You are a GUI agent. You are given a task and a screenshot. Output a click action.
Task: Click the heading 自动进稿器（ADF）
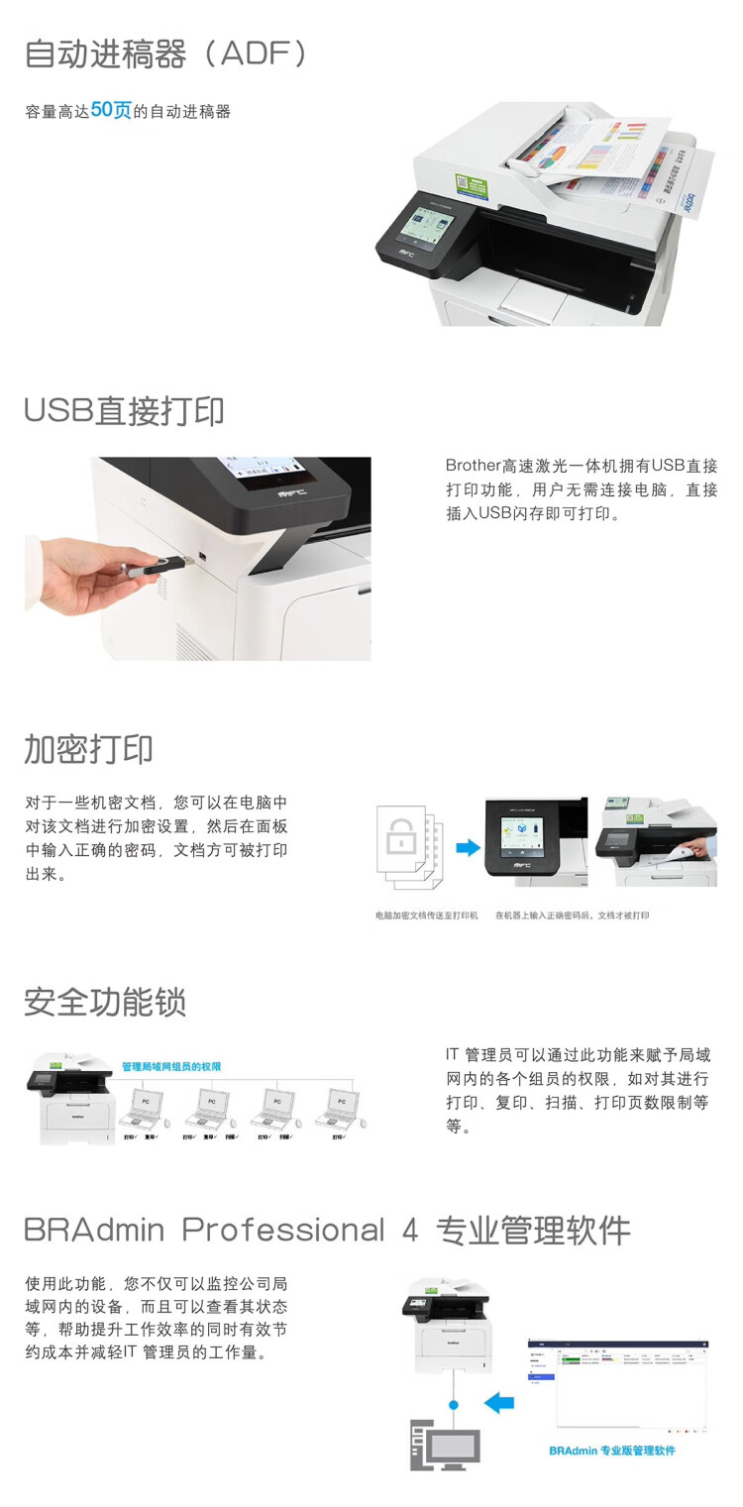pos(165,54)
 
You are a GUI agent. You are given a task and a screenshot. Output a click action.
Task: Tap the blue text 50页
pos(111,110)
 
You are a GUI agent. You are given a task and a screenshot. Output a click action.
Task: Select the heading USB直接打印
pos(124,410)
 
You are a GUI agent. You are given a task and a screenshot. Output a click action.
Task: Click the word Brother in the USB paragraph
pos(473,466)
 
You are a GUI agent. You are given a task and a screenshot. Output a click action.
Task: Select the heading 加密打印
pos(88,749)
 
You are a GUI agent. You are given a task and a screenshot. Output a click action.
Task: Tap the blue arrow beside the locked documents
pos(467,848)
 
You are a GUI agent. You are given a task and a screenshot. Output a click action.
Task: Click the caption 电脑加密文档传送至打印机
pos(426,915)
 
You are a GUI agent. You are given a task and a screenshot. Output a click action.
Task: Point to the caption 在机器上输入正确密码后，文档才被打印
pos(572,915)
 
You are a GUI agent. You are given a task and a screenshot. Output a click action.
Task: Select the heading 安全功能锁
pos(105,1002)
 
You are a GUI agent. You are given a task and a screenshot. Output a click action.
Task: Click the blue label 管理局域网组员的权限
pos(170,1066)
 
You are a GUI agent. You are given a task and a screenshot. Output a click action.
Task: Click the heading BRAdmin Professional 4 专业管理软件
pos(327,1231)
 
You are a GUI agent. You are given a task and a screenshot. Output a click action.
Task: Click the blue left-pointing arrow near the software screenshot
pos(500,1402)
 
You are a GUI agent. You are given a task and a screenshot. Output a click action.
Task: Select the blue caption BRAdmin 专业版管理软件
pos(611,1451)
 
